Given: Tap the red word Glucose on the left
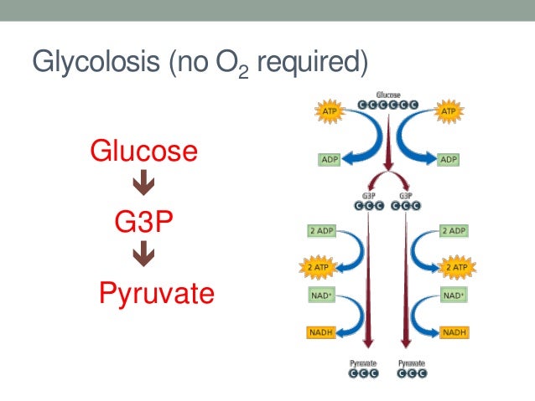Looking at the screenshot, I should point(144,152).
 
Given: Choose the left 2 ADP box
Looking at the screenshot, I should point(318,230).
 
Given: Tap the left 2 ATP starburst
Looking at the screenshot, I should point(317,267).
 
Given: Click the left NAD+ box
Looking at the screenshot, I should point(317,296).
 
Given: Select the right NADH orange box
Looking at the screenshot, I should point(455,332).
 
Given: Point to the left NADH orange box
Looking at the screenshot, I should point(317,332).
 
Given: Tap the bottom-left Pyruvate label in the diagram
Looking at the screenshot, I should point(365,363).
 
